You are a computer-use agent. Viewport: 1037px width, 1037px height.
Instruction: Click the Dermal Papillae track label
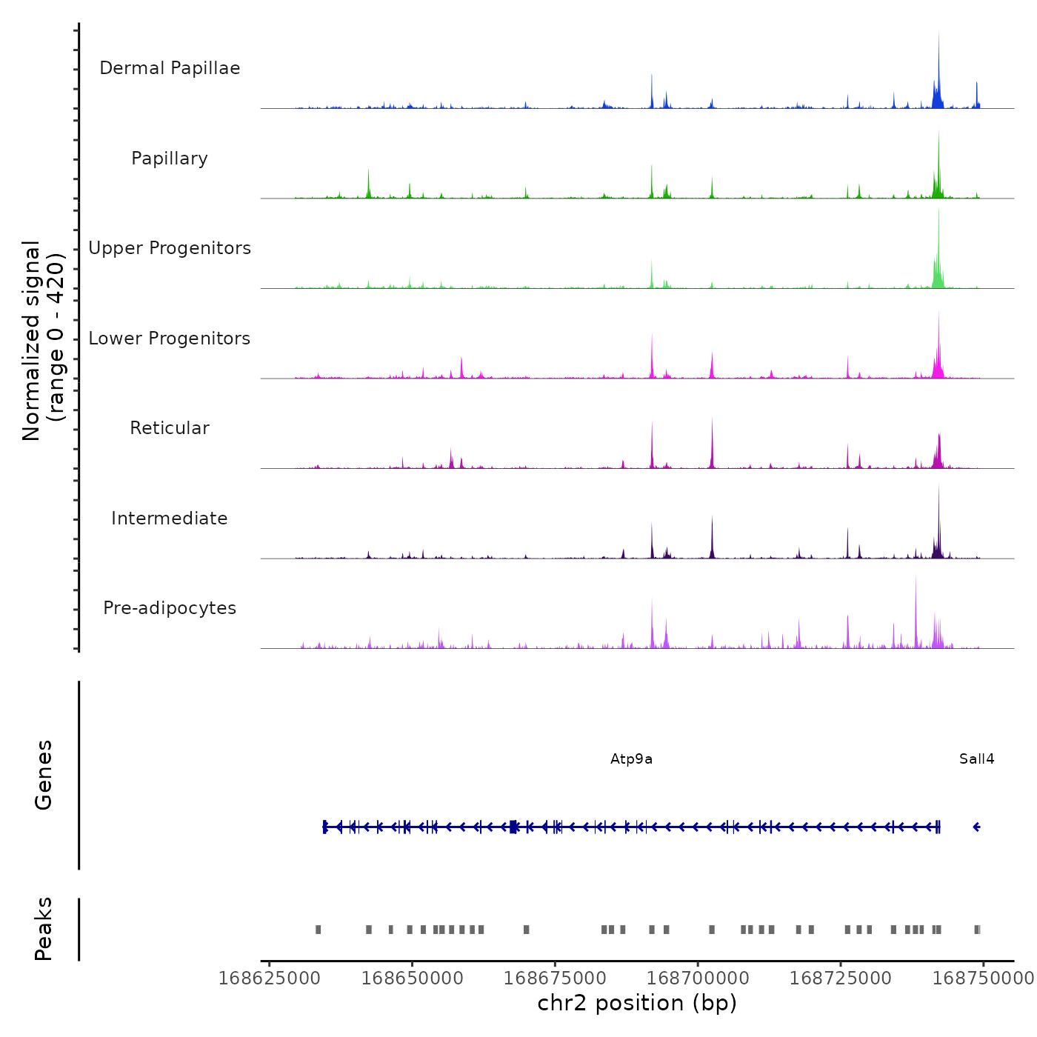coord(170,68)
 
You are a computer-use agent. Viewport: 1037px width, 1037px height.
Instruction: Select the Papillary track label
coord(170,159)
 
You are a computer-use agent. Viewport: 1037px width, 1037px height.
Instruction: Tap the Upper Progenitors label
coord(170,248)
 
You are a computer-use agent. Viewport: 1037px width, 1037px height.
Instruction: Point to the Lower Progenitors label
coord(170,339)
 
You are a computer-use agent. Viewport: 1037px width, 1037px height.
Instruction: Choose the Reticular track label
coord(170,428)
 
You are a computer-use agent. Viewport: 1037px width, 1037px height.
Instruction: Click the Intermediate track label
coord(170,518)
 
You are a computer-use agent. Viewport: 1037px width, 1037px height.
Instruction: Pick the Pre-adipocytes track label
coord(170,608)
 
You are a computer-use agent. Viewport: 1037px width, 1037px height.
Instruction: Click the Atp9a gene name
coord(631,759)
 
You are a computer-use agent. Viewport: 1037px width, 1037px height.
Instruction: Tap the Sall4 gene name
coord(976,759)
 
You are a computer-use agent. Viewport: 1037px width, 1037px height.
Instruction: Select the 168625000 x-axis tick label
coord(270,978)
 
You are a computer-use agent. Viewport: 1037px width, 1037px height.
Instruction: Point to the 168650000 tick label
coord(413,978)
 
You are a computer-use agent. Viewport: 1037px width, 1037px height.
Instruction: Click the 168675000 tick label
coord(555,978)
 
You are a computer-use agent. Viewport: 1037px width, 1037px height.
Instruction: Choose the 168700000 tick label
coord(698,978)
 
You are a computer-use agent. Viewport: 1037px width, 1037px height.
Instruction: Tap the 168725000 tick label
coord(841,978)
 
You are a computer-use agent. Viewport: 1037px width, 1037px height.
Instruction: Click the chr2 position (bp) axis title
coord(637,1003)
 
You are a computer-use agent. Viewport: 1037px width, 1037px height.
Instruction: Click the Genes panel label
coord(44,775)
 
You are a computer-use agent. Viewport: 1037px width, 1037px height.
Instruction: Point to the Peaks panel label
coord(44,929)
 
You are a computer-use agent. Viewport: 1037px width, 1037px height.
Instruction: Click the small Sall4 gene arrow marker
coord(976,827)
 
